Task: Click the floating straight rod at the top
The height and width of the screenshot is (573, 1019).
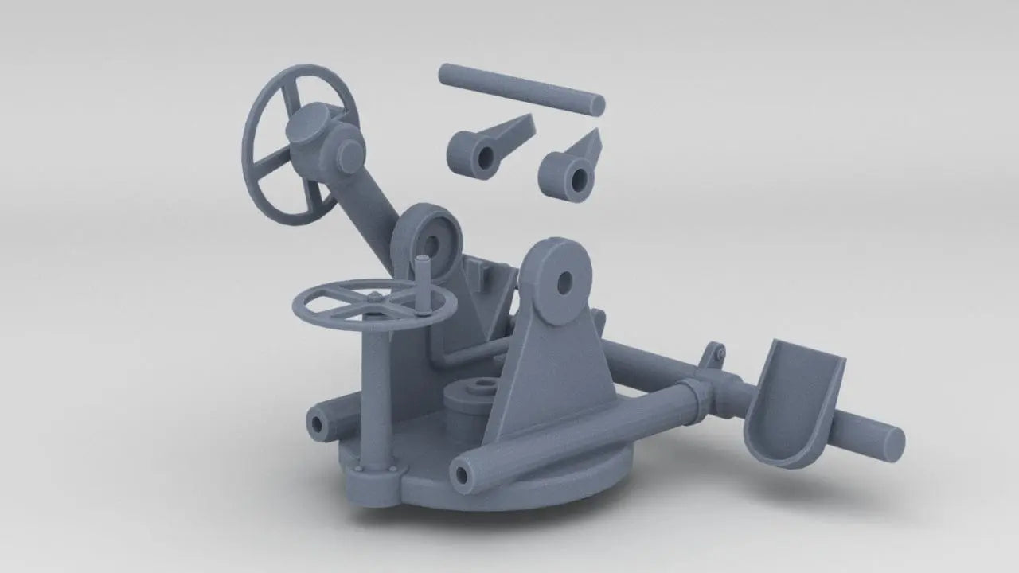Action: [521, 88]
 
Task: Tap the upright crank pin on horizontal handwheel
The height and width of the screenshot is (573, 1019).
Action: [425, 279]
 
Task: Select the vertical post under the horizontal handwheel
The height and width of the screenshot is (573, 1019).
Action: [377, 390]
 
